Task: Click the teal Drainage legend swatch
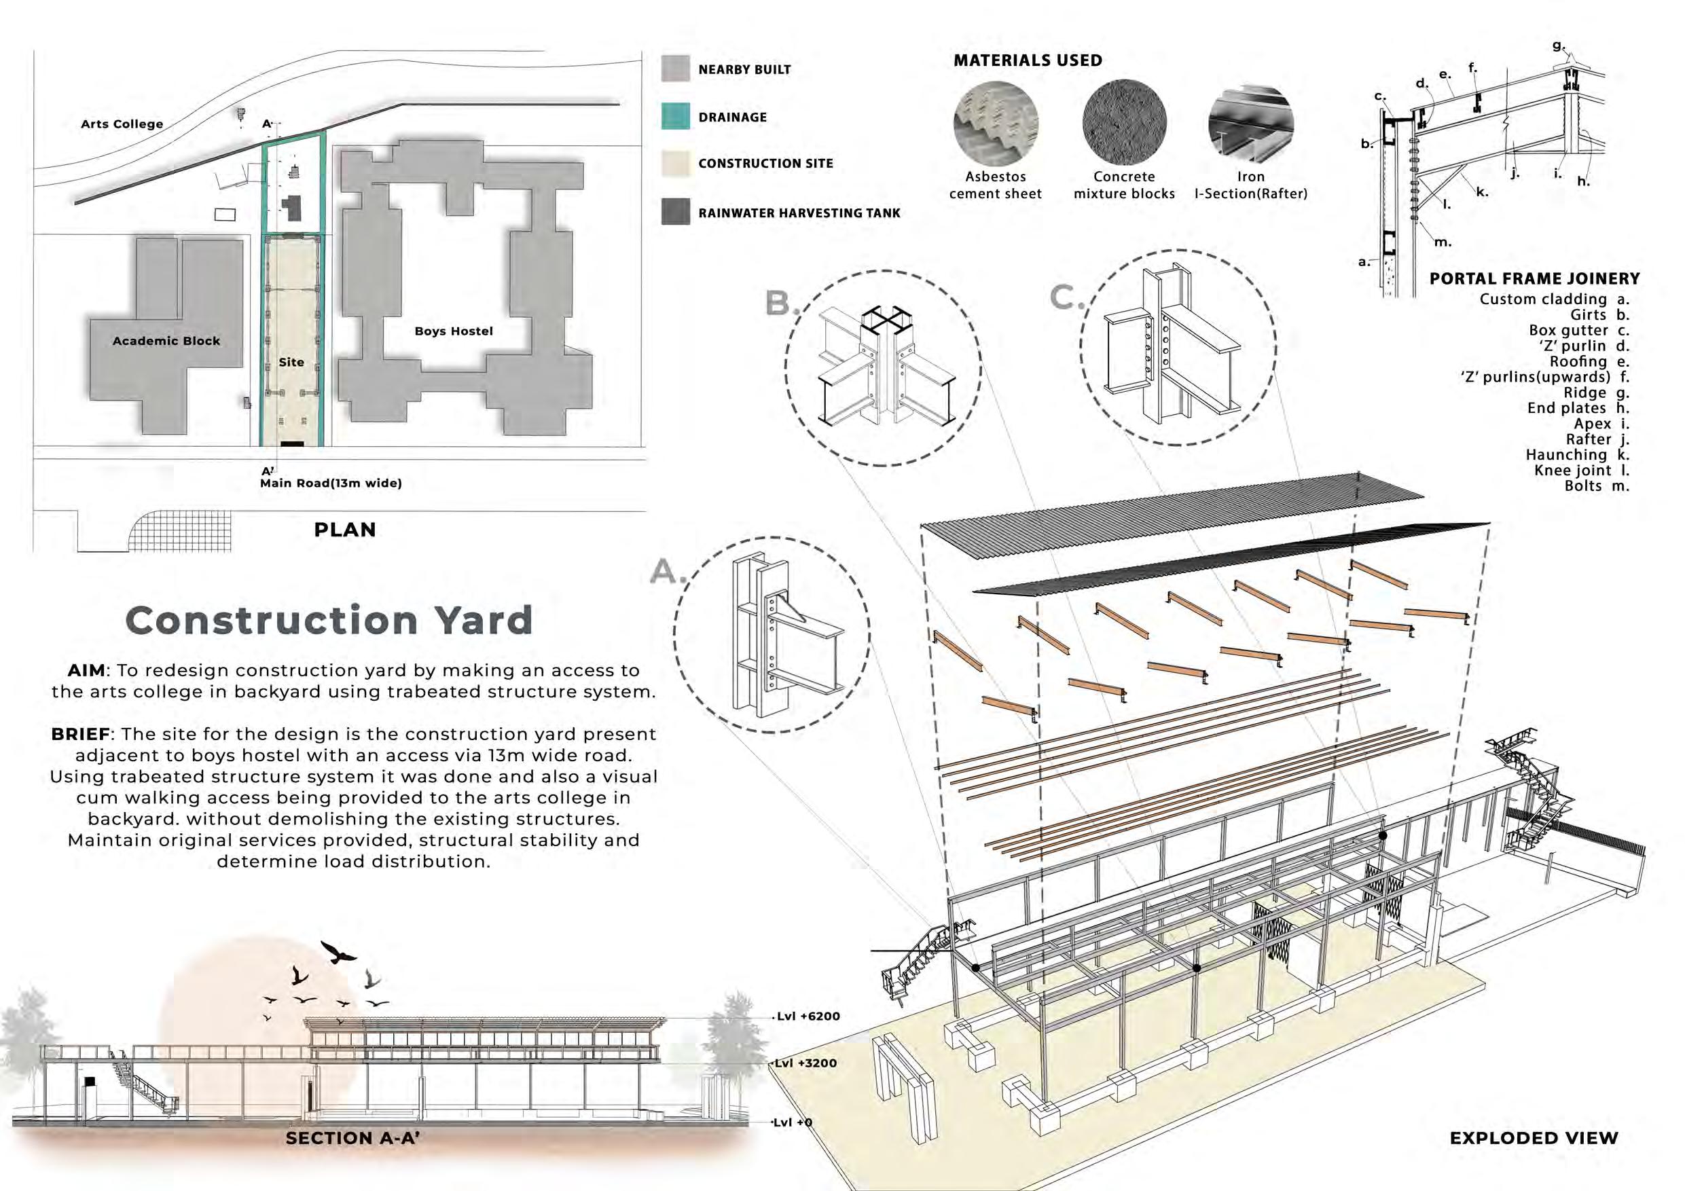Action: [675, 117]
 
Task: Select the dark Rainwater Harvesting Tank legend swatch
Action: [675, 212]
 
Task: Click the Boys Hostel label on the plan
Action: [454, 331]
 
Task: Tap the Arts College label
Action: [122, 124]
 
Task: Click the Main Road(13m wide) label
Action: [331, 483]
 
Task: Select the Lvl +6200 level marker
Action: [808, 1016]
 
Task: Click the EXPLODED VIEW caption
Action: [1534, 1138]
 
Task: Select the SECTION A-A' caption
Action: [352, 1138]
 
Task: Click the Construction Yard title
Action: [329, 620]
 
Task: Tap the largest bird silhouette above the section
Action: [338, 953]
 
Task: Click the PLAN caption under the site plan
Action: [345, 530]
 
